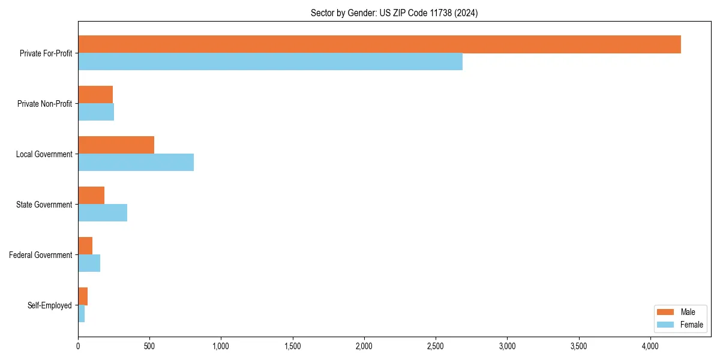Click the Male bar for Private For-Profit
pos(379,44)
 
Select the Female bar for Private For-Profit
pos(270,62)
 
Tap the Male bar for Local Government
pos(116,145)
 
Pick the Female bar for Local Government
pos(136,163)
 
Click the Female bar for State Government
pos(103,213)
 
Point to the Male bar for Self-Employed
pos(83,296)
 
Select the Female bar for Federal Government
pos(89,263)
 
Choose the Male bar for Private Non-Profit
pos(95,95)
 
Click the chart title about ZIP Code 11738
pos(394,13)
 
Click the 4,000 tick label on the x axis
pos(650,346)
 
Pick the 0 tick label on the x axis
pos(78,346)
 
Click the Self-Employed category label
pos(50,305)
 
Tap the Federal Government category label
pos(41,255)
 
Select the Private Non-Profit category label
pos(44,104)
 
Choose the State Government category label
pos(44,205)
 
